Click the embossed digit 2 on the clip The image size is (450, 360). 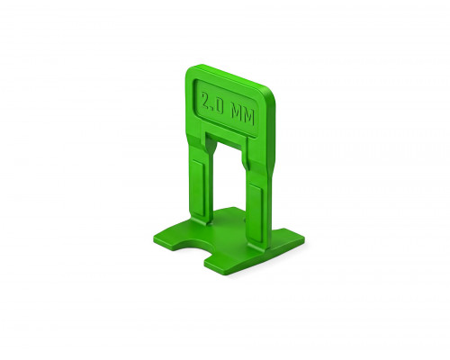tap(206, 101)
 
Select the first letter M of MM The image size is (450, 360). tap(237, 113)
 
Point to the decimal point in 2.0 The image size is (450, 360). tap(213, 110)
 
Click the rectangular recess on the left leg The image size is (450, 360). tap(198, 187)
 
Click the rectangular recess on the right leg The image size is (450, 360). tap(256, 211)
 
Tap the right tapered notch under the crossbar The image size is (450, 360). tap(246, 159)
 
